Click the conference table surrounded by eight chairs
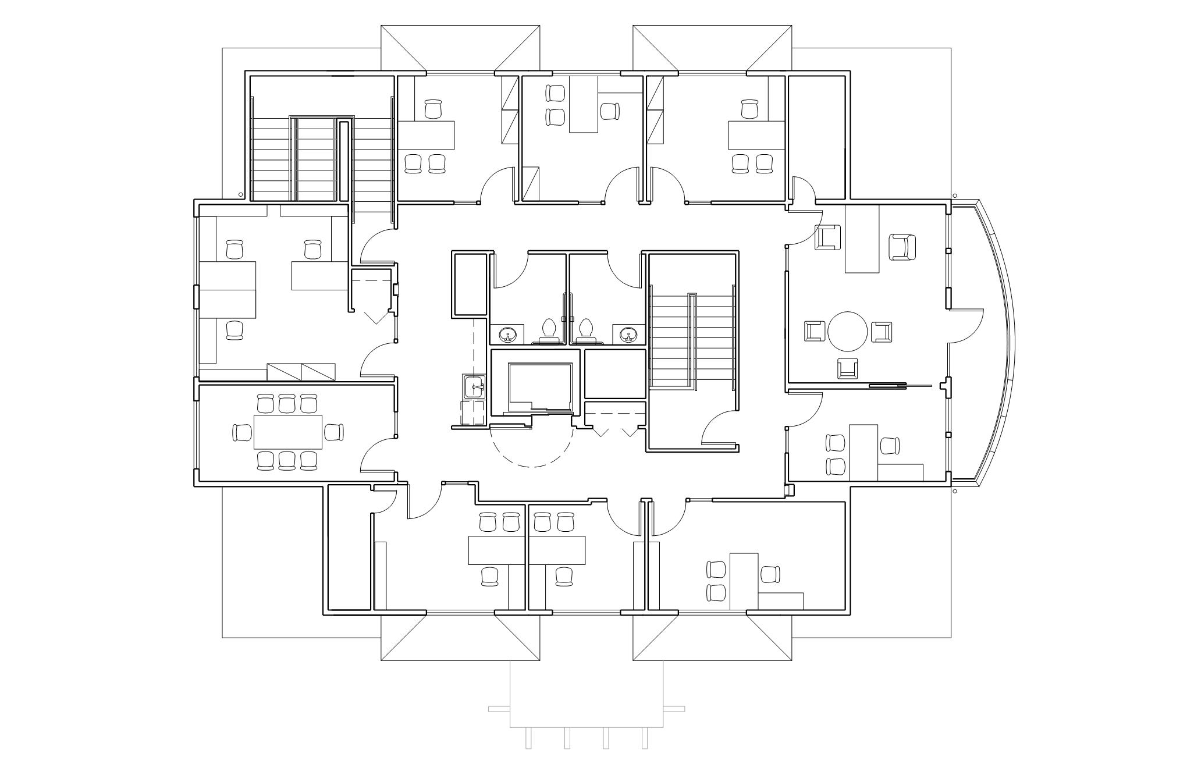pyautogui.click(x=288, y=432)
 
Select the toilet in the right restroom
pyautogui.click(x=585, y=329)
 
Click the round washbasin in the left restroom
pyautogui.click(x=508, y=335)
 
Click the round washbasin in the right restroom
pyautogui.click(x=627, y=335)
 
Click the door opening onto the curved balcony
pyautogui.click(x=966, y=326)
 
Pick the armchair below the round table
pyautogui.click(x=847, y=368)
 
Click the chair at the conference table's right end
pyautogui.click(x=334, y=432)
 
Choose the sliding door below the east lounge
pyautogui.click(x=887, y=385)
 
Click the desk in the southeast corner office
pyautogui.click(x=744, y=581)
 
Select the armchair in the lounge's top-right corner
pyautogui.click(x=902, y=247)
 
